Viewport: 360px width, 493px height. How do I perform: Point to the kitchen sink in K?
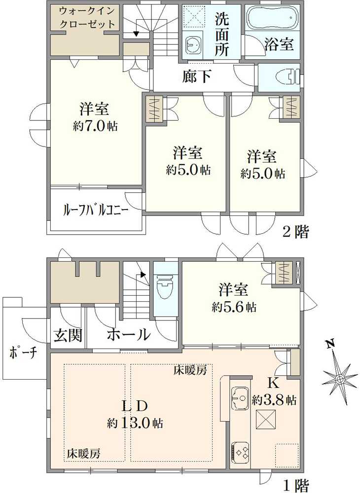[241, 398]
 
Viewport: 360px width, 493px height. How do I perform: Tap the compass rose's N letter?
[330, 345]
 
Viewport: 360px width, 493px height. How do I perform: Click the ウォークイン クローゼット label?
[87, 18]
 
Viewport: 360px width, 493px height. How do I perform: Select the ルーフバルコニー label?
[96, 210]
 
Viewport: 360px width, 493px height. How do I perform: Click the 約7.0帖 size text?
[95, 126]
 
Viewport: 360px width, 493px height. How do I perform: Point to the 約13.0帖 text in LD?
[135, 423]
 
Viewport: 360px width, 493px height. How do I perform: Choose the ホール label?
[128, 335]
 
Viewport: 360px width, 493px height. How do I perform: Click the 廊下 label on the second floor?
[197, 76]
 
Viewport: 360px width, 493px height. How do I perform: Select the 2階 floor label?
[295, 232]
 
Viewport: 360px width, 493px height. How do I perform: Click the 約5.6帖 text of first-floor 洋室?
[234, 307]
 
